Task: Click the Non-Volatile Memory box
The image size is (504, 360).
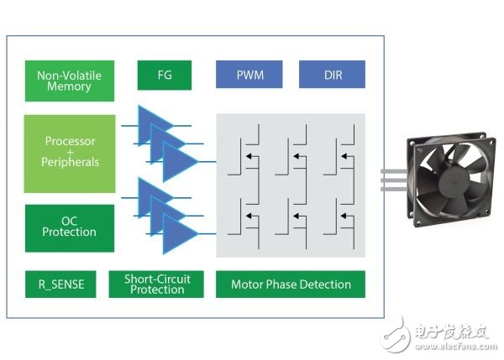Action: [70, 81]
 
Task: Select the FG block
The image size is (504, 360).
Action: [165, 76]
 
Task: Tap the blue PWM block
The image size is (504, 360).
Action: [249, 74]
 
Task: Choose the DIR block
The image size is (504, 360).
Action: [332, 74]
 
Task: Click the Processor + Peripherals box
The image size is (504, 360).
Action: [70, 154]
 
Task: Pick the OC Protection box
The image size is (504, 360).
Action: [70, 228]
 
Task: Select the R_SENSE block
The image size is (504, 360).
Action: [60, 284]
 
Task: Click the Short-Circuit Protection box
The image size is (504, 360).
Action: [156, 284]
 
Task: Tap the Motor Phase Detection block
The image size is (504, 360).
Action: [291, 284]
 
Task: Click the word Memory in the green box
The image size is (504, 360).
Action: [69, 86]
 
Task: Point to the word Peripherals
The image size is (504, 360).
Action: [70, 162]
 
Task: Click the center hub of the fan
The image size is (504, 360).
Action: [454, 181]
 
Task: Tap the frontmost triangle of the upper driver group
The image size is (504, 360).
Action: [181, 161]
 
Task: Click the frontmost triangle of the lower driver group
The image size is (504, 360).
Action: [181, 234]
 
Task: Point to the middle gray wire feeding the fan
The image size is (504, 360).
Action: [394, 180]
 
